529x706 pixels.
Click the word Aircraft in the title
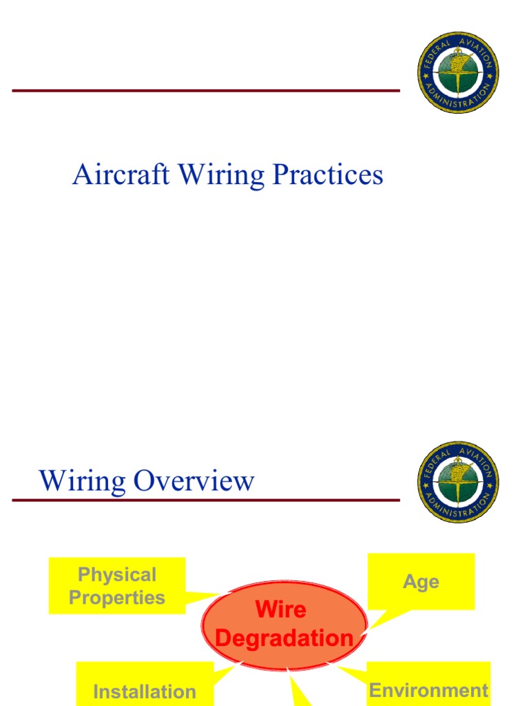tap(121, 174)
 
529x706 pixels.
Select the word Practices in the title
tap(327, 174)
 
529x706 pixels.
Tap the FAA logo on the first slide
tap(458, 72)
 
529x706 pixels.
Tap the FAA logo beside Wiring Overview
tap(458, 483)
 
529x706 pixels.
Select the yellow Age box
tap(421, 581)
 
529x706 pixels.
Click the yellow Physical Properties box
tap(117, 585)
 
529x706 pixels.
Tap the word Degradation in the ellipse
tap(284, 638)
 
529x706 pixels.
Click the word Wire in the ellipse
tap(280, 609)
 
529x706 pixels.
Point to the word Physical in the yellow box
tap(117, 574)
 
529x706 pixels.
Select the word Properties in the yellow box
tap(117, 597)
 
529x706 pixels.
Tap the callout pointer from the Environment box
tap(353, 673)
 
